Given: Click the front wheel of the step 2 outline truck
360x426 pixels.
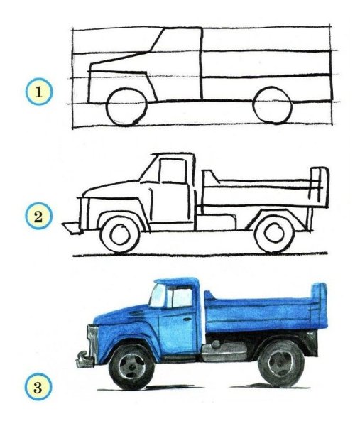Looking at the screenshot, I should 118,234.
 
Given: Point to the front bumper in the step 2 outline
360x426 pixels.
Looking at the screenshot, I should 71,228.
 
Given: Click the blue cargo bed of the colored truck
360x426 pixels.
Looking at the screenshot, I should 259,312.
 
